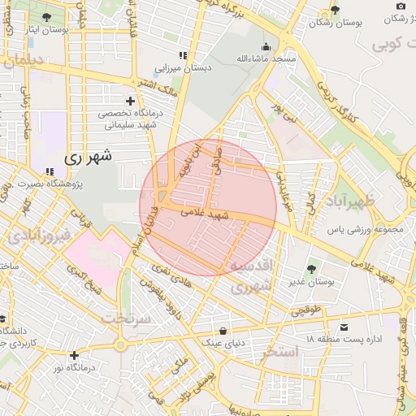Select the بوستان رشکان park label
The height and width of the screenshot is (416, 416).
[x=335, y=24]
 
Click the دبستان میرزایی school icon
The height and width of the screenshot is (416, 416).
[x=183, y=55]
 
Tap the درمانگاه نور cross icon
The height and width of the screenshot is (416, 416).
[x=74, y=355]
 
